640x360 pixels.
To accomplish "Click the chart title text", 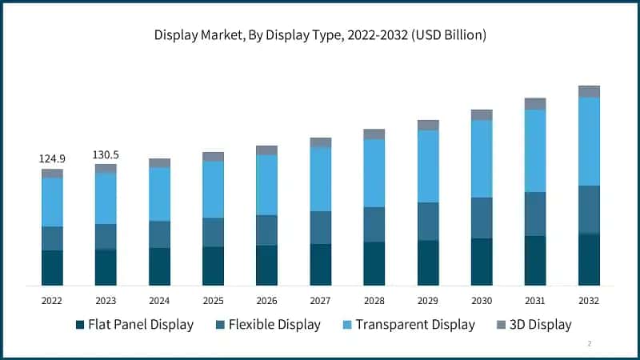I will pyautogui.click(x=320, y=35).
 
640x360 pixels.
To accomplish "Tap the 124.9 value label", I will pyautogui.click(x=52, y=159).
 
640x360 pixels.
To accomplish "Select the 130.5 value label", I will pyautogui.click(x=106, y=154).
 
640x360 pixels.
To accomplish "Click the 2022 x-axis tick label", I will pyautogui.click(x=52, y=300).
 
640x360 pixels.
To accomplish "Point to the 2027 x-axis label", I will pyautogui.click(x=320, y=300).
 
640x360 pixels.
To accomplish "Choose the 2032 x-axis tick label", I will pyautogui.click(x=589, y=300).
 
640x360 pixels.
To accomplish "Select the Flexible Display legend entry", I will pyautogui.click(x=267, y=324).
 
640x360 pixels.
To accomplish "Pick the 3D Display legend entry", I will pyautogui.click(x=534, y=324).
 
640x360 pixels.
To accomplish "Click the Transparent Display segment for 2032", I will pyautogui.click(x=589, y=142).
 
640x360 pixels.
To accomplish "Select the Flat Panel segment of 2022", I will pyautogui.click(x=52, y=268).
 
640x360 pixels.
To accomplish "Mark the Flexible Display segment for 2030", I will pyautogui.click(x=482, y=218).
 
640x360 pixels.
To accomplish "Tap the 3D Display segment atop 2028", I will pyautogui.click(x=374, y=134).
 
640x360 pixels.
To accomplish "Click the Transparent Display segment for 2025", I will pyautogui.click(x=213, y=190).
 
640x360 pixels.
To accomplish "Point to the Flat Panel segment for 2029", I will pyautogui.click(x=428, y=262).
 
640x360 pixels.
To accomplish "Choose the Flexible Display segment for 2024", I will pyautogui.click(x=159, y=234).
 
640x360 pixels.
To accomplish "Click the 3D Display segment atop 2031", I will pyautogui.click(x=535, y=104).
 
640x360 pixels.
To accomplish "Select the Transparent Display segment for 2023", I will pyautogui.click(x=106, y=198).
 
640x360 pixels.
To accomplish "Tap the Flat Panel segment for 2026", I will pyautogui.click(x=266, y=265).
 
